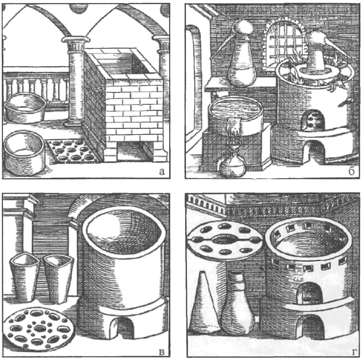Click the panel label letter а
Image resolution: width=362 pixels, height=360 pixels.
point(162,172)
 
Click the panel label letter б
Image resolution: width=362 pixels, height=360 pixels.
point(351,171)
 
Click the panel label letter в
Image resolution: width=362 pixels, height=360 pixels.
point(162,352)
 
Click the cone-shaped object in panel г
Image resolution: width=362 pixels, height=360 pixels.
point(204,302)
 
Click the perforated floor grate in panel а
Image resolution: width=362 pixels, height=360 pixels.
point(72,150)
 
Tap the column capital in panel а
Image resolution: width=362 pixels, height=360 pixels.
point(76,40)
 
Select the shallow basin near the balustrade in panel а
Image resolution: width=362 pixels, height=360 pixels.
point(25,107)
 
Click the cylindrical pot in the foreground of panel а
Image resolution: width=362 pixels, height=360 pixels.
point(24,152)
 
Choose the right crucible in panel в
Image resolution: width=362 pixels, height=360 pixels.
point(59,278)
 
